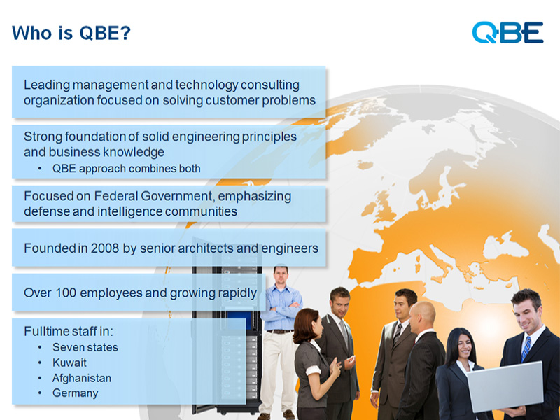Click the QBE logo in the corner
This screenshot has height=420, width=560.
[x=507, y=32]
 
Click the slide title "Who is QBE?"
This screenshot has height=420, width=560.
[x=71, y=33]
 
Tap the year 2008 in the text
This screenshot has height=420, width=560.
[x=104, y=248]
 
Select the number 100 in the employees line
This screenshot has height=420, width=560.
[x=66, y=293]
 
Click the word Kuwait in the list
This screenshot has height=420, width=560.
[x=69, y=363]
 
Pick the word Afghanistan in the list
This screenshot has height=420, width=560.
[x=82, y=378]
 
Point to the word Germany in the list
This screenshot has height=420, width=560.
[x=76, y=393]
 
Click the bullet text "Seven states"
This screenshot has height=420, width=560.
[x=85, y=347]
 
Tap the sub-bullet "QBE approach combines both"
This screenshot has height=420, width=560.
[x=127, y=169]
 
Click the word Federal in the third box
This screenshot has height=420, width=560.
[x=115, y=196]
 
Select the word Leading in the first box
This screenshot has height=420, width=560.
[x=47, y=85]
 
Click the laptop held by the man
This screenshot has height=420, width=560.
[x=505, y=386]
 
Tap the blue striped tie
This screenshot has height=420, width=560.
[x=526, y=349]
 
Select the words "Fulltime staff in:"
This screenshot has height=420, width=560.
[x=68, y=331]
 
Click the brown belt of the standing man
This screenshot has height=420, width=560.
[x=281, y=331]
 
